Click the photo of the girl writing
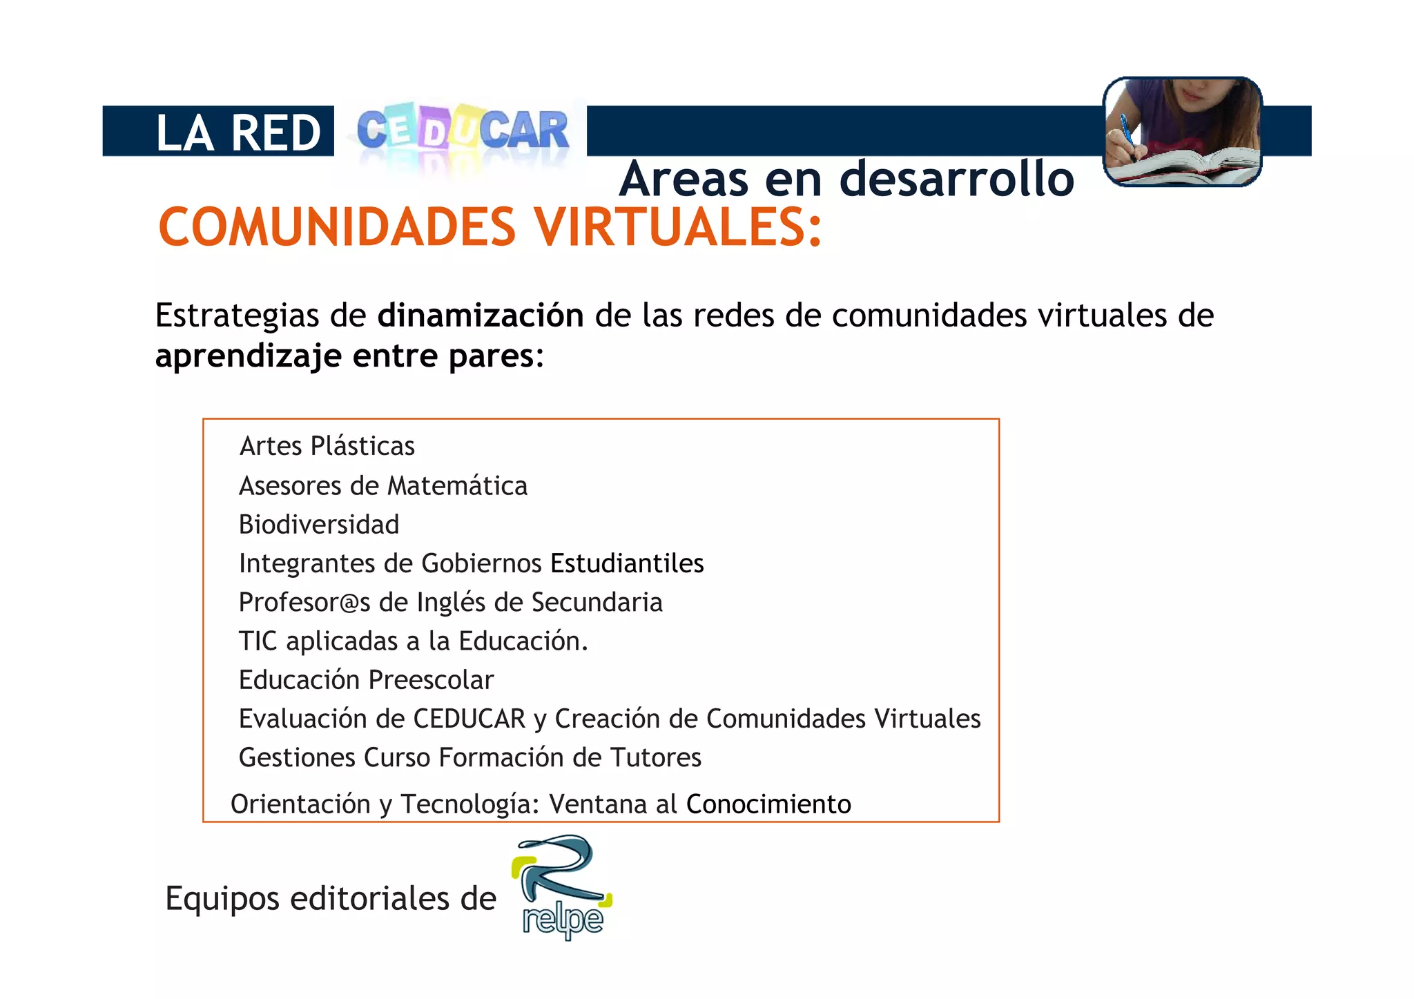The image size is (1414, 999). pyautogui.click(x=1182, y=131)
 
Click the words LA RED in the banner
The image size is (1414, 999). pyautogui.click(x=238, y=132)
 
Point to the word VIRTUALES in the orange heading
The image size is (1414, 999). pyautogui.click(x=679, y=227)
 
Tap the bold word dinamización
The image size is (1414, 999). pyautogui.click(x=481, y=316)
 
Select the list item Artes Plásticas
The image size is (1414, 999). pyautogui.click(x=327, y=447)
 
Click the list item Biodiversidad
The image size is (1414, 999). pyautogui.click(x=319, y=525)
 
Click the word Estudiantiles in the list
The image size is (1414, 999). pyautogui.click(x=627, y=563)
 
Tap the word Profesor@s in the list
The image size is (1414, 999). pyautogui.click(x=304, y=603)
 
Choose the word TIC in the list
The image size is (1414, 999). pyautogui.click(x=258, y=641)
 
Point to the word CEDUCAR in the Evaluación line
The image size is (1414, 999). pyautogui.click(x=469, y=719)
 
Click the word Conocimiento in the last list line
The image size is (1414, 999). pyautogui.click(x=768, y=804)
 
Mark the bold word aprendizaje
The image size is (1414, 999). pyautogui.click(x=249, y=357)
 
